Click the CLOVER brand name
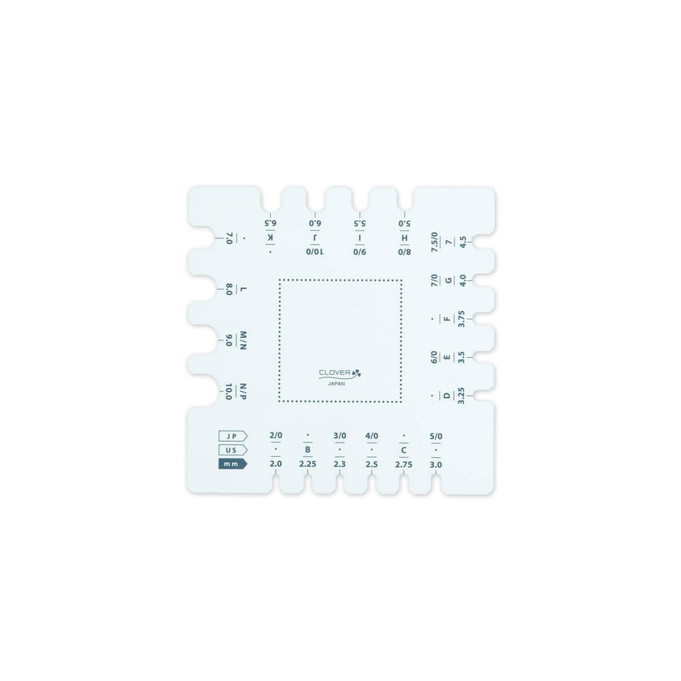coord(335,372)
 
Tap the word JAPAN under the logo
coord(337,384)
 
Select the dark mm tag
coord(233,464)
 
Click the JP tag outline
coord(233,436)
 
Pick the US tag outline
coord(233,450)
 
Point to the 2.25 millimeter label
coord(307,465)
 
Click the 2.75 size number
coord(404,465)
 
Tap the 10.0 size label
coord(229,392)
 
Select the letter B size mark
coord(308,449)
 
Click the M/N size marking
coord(243,340)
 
